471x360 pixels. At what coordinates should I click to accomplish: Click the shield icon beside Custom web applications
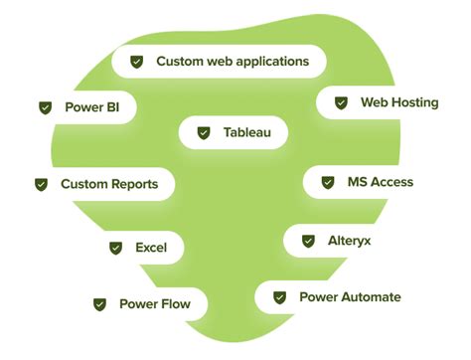[137, 62]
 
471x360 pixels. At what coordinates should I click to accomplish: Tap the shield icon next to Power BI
[45, 106]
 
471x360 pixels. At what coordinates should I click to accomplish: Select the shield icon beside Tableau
[204, 131]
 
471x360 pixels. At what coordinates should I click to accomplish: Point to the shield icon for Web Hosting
[341, 102]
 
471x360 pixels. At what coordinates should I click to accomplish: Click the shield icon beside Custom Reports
[41, 184]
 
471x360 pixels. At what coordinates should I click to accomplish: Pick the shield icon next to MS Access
[327, 182]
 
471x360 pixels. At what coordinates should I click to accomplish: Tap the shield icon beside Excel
[114, 248]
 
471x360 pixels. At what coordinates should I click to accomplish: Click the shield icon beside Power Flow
[99, 304]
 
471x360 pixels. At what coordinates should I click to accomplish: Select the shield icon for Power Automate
[279, 296]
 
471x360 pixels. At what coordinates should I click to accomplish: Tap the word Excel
[151, 248]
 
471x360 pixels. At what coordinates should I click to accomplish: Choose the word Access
[392, 182]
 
